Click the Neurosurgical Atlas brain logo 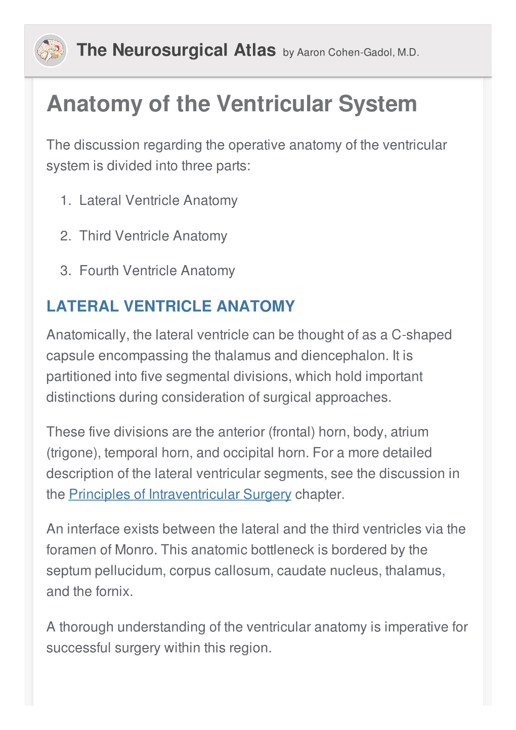coord(50,51)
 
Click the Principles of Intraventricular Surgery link coord(180,494)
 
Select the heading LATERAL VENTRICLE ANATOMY coord(170,307)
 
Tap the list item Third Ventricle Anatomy coord(153,236)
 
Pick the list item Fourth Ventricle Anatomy coord(157,271)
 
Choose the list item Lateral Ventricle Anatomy coord(158,200)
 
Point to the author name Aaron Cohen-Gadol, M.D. coord(358,53)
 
